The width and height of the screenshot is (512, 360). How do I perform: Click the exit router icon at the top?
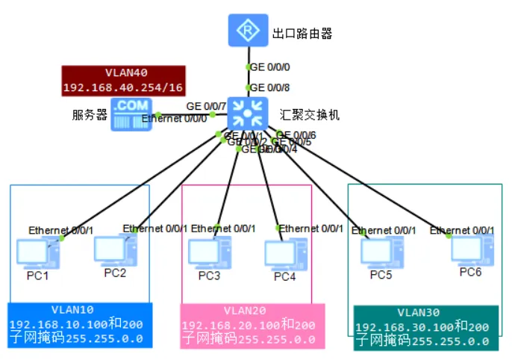click(x=246, y=31)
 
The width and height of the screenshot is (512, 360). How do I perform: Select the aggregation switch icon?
click(x=246, y=114)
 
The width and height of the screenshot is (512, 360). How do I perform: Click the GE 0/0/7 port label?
click(x=206, y=107)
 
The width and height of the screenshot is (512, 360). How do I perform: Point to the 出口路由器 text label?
click(x=302, y=33)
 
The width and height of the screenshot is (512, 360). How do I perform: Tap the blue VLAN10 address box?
click(x=80, y=325)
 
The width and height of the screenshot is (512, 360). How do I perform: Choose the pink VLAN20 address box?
click(x=253, y=325)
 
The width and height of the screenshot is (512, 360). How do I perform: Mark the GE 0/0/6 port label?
click(x=296, y=135)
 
